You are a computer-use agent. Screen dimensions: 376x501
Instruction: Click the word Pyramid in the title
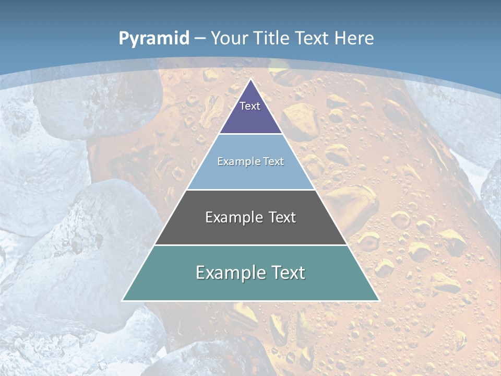pyautogui.click(x=153, y=38)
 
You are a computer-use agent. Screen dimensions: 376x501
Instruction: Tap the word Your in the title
pyautogui.click(x=229, y=38)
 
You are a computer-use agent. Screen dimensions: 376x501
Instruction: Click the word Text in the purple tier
pyautogui.click(x=250, y=106)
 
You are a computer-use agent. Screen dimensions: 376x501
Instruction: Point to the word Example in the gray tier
pyautogui.click(x=228, y=217)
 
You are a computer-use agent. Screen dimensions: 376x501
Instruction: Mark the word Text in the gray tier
pyautogui.click(x=282, y=217)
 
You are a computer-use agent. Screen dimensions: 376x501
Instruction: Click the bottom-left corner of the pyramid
pyautogui.click(x=123, y=300)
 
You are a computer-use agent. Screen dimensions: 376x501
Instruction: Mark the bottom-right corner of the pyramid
pyautogui.click(x=378, y=300)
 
